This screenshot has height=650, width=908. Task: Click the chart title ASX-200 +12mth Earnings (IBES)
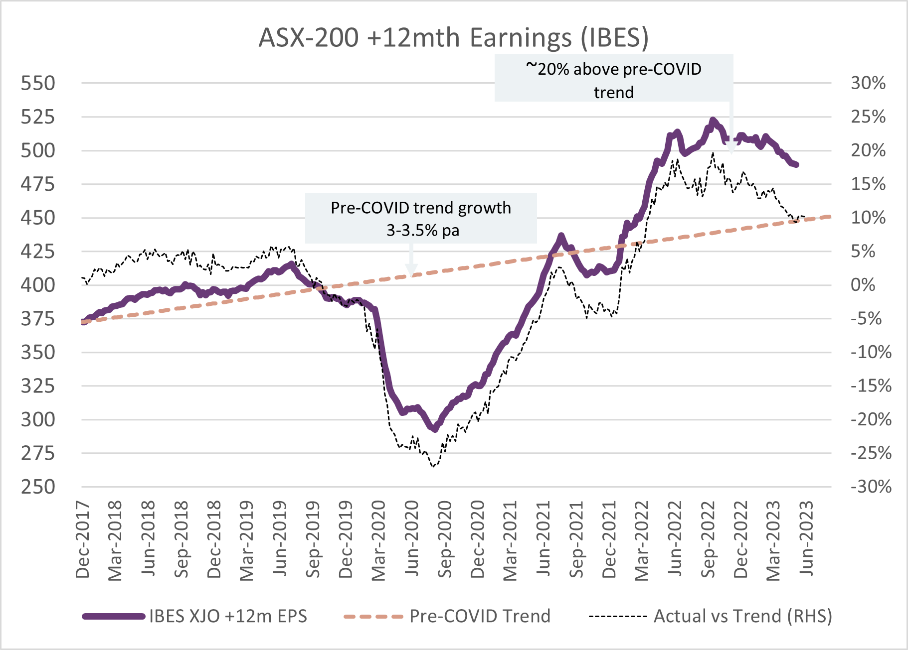tap(453, 37)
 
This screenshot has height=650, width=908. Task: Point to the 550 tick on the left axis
tap(38, 83)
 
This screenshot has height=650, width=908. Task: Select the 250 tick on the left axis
tap(38, 487)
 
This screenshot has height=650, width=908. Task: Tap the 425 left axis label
tap(38, 251)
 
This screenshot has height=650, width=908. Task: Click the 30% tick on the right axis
tap(868, 83)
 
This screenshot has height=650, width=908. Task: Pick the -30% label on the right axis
tap(871, 487)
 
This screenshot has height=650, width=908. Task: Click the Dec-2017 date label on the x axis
tap(83, 540)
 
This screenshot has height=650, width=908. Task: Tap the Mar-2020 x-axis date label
tap(379, 540)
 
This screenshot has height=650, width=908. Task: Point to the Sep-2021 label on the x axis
tap(576, 540)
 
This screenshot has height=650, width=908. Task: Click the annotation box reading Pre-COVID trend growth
tap(421, 218)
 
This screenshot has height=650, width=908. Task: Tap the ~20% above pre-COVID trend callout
tap(613, 80)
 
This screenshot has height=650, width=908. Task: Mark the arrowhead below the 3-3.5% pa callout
tap(411, 271)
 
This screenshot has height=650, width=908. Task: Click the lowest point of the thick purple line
tap(435, 429)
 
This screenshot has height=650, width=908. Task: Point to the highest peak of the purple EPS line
tap(713, 120)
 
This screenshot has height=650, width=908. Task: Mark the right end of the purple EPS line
tap(796, 164)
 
